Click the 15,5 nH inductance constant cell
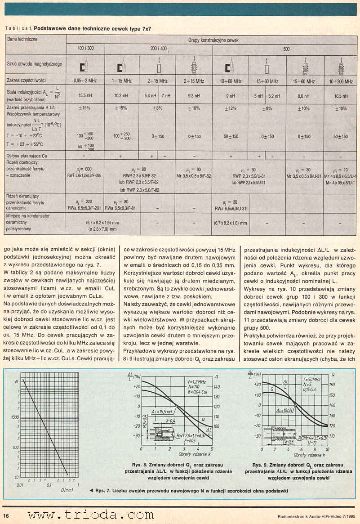click(85, 96)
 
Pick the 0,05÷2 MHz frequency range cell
click(85, 81)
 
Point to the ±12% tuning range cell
click(231, 108)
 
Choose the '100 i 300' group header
click(85, 48)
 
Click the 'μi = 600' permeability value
click(85, 169)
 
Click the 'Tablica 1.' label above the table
click(18, 28)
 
